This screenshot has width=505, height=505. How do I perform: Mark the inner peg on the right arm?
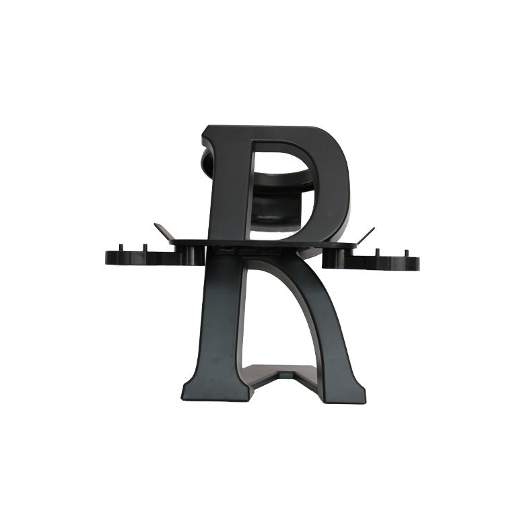click(377, 253)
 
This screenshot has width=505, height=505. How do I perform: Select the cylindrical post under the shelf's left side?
click(195, 255)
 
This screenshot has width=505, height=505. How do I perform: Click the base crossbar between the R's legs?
click(279, 374)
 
